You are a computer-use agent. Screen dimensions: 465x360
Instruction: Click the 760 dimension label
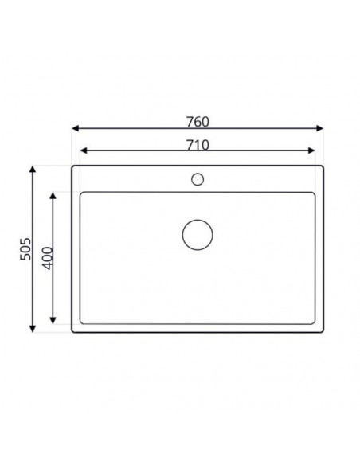[x=197, y=121]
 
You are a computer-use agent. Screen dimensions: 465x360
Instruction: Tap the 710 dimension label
[x=197, y=144]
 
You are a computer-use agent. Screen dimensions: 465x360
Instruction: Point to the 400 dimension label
[x=46, y=258]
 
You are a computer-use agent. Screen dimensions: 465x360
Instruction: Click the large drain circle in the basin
[x=198, y=235]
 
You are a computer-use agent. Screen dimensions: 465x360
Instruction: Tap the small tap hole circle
[x=198, y=178]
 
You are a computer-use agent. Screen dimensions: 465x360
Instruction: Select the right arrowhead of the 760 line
[x=320, y=128]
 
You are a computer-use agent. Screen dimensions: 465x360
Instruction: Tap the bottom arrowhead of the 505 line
[x=33, y=329]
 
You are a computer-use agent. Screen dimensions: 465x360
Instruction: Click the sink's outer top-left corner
[x=72, y=166]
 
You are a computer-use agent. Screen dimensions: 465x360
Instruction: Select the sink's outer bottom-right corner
[x=323, y=332]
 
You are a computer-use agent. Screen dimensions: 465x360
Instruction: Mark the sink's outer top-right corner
[x=323, y=166]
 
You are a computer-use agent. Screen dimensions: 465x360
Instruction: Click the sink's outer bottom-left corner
[x=72, y=332]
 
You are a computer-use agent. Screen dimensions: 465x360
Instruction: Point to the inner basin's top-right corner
[x=315, y=192]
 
